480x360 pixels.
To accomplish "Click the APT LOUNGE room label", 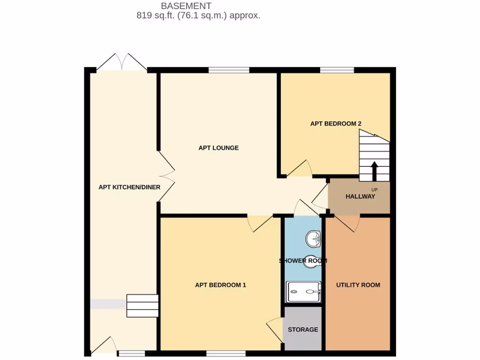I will [218, 148].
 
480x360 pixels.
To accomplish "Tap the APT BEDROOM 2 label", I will [336, 124].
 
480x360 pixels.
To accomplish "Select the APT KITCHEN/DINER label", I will [129, 187].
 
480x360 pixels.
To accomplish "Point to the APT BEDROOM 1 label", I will [220, 285].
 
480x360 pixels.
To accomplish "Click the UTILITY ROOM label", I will [358, 285].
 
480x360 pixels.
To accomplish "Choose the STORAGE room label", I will [303, 330].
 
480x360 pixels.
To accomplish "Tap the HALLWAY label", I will [360, 196].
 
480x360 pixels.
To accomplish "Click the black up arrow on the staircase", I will [374, 171].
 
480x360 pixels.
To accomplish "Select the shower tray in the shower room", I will [304, 293].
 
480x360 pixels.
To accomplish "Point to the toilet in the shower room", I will [311, 261].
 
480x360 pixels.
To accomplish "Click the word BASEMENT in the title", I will [186, 6].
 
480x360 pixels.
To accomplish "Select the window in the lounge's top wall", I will [229, 70].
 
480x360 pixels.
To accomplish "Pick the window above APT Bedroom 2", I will [337, 70].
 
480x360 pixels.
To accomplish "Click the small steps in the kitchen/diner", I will [142, 306].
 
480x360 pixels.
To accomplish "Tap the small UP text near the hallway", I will [374, 189].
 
